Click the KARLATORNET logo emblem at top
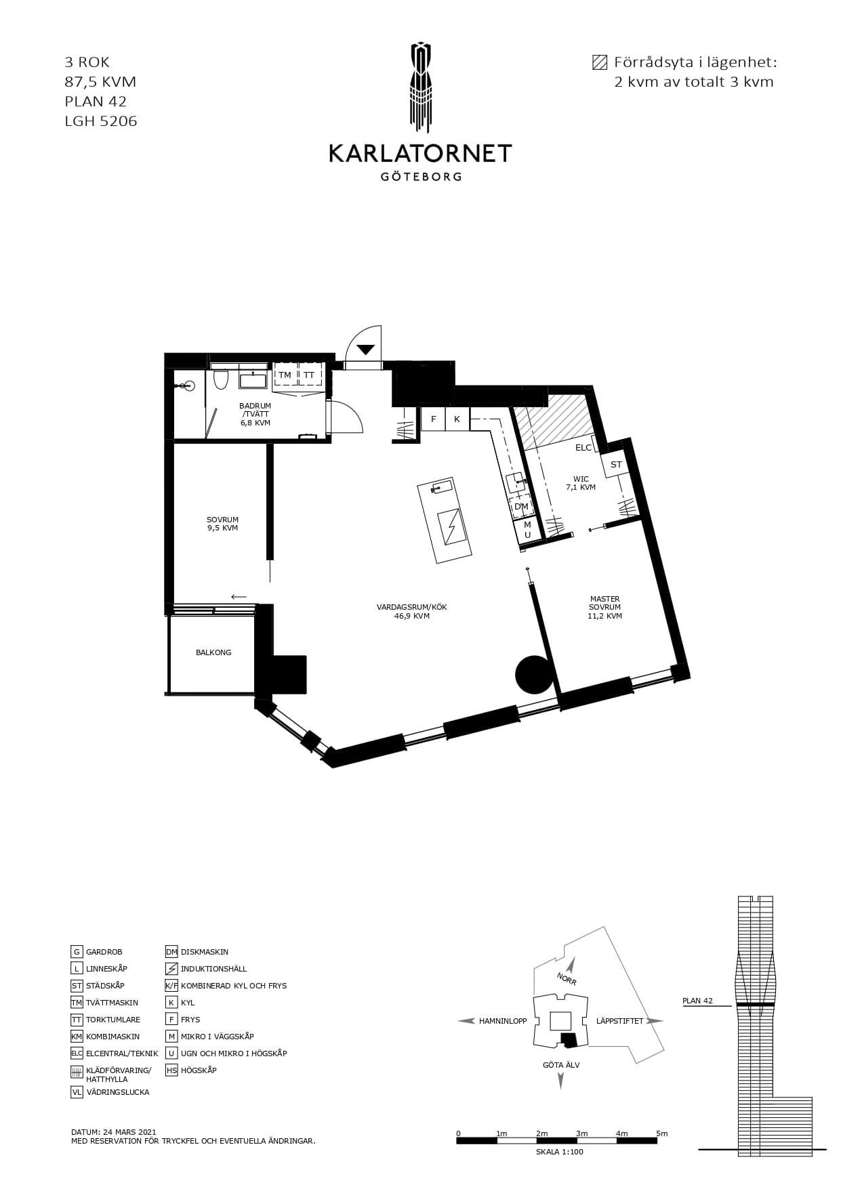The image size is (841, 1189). pyautogui.click(x=420, y=88)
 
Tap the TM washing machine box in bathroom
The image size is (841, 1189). pyautogui.click(x=285, y=375)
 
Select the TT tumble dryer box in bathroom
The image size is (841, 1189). pyautogui.click(x=309, y=375)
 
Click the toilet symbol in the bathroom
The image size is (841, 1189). pyautogui.click(x=220, y=380)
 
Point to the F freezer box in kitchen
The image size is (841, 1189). pyautogui.click(x=433, y=419)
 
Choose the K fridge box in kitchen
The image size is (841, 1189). pyautogui.click(x=457, y=419)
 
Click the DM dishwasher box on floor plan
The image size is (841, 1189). pyautogui.click(x=521, y=506)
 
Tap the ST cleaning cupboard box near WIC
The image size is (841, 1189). pyautogui.click(x=616, y=465)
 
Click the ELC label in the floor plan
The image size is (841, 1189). pyautogui.click(x=583, y=448)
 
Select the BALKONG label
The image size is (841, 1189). pyautogui.click(x=213, y=652)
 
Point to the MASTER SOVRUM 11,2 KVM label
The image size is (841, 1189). pyautogui.click(x=605, y=608)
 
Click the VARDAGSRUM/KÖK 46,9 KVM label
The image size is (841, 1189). pyautogui.click(x=412, y=611)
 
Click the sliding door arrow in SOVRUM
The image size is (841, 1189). pyautogui.click(x=239, y=597)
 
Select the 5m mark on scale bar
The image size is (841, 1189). pyautogui.click(x=661, y=1133)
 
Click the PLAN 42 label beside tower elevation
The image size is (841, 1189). pyautogui.click(x=697, y=1001)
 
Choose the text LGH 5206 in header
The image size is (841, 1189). pyautogui.click(x=101, y=121)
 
